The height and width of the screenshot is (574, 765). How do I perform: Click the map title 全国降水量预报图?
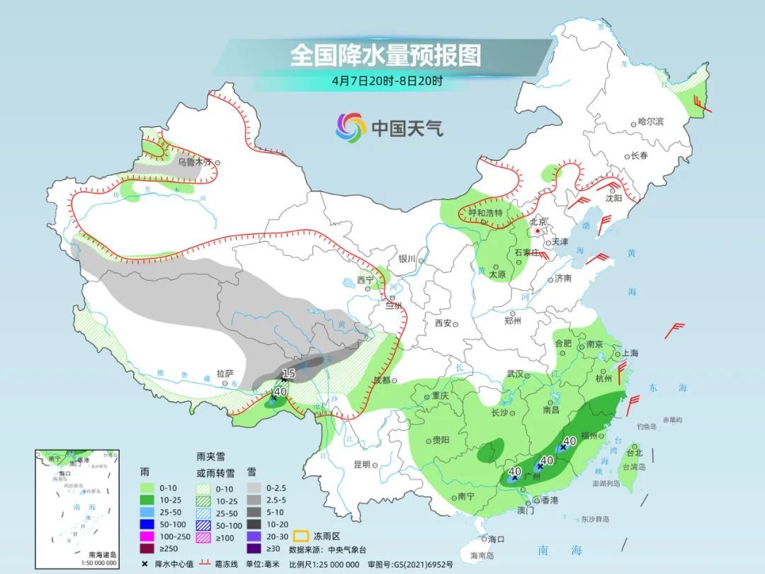click(385, 55)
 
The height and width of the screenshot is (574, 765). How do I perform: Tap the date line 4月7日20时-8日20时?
click(387, 81)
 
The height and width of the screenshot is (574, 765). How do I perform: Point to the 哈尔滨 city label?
click(650, 122)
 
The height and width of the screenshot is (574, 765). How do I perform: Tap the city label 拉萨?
click(225, 373)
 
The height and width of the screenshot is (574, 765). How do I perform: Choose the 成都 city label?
click(382, 380)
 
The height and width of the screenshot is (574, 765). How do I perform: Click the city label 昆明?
click(361, 465)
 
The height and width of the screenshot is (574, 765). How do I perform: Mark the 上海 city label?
click(630, 353)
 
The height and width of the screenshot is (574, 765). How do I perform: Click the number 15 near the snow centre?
click(288, 373)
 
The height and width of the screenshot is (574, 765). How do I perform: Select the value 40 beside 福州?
click(568, 442)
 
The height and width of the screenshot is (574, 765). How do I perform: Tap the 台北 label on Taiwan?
click(635, 453)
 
